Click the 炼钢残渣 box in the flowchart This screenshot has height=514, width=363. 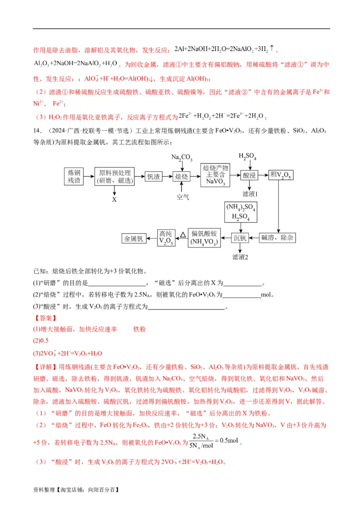pos(74,177)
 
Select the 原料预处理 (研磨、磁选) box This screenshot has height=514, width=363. pos(114,177)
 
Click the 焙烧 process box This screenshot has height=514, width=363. pos(181,177)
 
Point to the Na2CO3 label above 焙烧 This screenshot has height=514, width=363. pos(181,158)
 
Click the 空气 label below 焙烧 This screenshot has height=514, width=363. pos(182,197)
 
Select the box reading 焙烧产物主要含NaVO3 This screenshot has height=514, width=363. pos(215,174)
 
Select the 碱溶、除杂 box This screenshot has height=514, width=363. pos(278,237)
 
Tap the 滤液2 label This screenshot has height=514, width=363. pos(240,257)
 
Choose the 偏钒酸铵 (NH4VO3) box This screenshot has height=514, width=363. pos(203,237)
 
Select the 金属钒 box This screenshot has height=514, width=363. pos(134,238)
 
